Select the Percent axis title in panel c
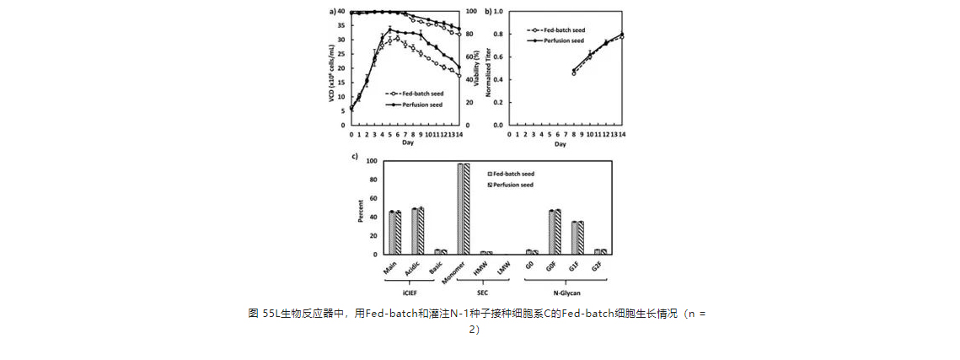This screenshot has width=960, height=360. (360, 209)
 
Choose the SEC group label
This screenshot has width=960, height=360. (485, 293)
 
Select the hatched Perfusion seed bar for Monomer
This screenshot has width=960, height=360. (466, 208)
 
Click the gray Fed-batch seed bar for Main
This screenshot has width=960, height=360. (392, 233)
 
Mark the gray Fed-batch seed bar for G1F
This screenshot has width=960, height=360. (574, 238)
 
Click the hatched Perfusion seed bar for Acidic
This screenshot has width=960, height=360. (421, 231)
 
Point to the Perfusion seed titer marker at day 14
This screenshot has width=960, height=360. (623, 34)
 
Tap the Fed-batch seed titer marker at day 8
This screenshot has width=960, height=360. (573, 73)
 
